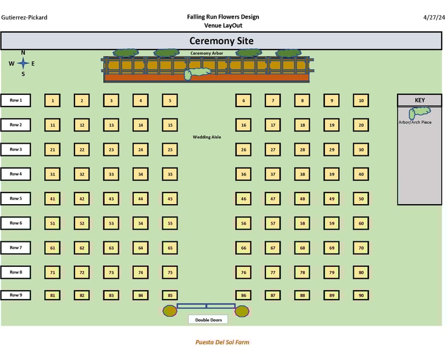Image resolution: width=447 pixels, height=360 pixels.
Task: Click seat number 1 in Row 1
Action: click(52, 101)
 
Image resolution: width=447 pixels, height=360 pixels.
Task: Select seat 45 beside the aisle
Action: click(169, 199)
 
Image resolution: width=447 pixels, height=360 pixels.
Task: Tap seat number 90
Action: click(361, 295)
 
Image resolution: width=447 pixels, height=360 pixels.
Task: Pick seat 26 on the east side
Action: click(243, 149)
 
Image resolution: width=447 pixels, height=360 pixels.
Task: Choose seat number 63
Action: click(111, 248)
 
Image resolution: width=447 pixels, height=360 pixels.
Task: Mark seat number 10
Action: click(361, 101)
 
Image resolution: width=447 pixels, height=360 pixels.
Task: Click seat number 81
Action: click(52, 295)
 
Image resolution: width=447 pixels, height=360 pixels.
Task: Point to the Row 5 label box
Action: click(16, 198)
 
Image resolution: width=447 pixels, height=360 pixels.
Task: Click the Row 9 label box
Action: click(16, 295)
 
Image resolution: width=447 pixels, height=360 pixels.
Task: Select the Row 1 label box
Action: click(16, 100)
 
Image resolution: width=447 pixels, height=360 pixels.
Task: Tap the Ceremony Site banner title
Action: click(221, 41)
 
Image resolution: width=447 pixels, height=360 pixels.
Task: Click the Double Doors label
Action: click(208, 319)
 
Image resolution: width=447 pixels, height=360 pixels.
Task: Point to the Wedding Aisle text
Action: click(207, 137)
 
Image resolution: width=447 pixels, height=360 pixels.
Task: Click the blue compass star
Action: click(23, 63)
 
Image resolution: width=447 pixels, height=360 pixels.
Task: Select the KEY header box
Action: click(420, 100)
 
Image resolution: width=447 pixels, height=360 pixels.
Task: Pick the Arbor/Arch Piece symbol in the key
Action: click(420, 112)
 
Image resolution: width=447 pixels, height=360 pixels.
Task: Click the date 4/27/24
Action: click(434, 17)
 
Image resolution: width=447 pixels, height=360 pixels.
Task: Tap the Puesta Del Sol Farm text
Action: click(222, 343)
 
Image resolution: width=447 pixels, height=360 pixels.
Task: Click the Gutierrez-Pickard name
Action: click(24, 17)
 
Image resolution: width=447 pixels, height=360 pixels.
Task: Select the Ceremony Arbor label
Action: click(207, 53)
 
